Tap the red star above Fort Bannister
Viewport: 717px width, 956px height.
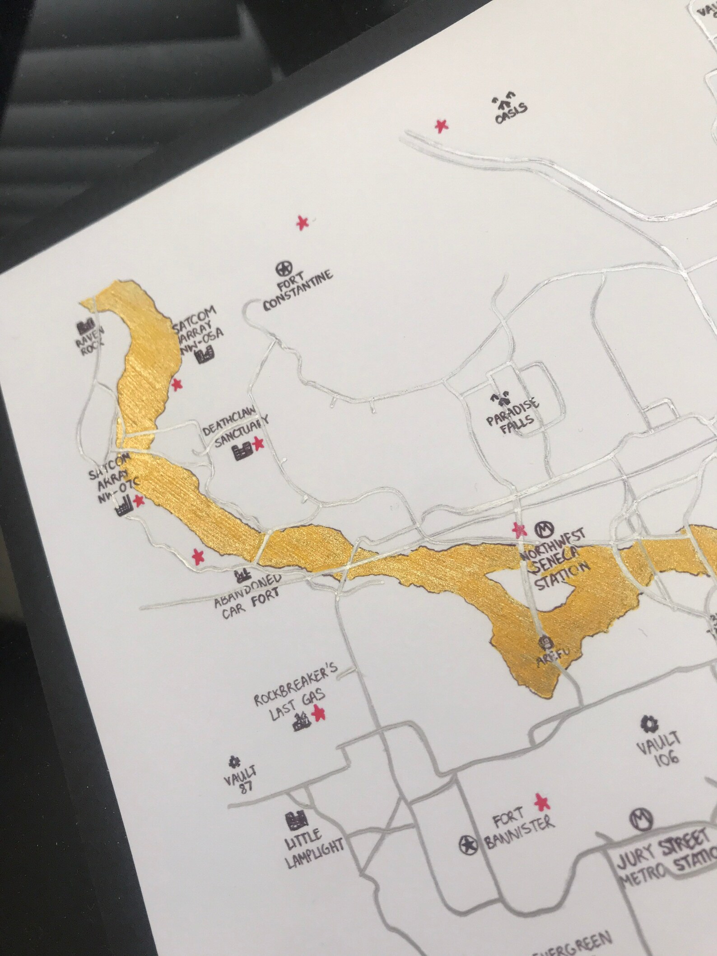coord(540,801)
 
